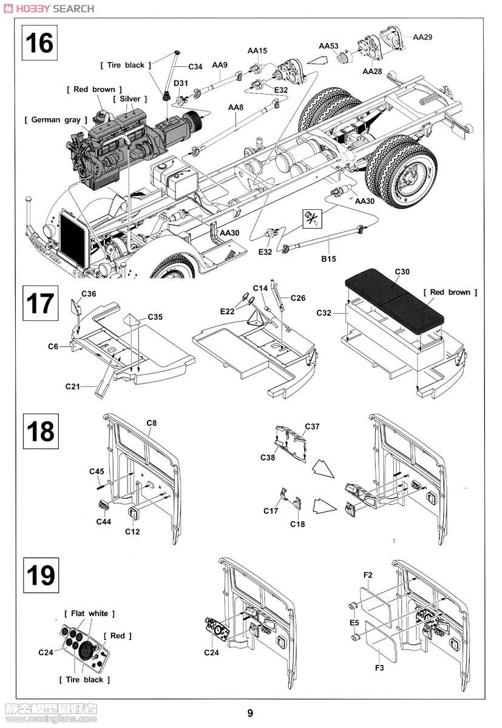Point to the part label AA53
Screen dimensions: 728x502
[x=328, y=46]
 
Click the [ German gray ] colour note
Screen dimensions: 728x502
[x=55, y=120]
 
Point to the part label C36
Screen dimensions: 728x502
[x=88, y=294]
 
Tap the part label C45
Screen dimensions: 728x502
[x=97, y=471]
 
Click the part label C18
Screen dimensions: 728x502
[x=297, y=524]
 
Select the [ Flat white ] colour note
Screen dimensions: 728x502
[x=89, y=614]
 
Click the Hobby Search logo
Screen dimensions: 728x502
[x=48, y=8]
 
